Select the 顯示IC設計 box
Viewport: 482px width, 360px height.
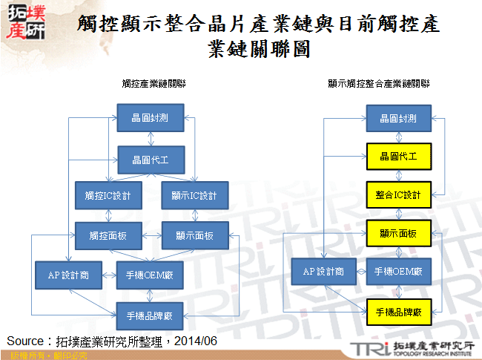pos(194,195)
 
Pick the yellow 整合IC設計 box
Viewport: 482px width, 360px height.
pos(397,195)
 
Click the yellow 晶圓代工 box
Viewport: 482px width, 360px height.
pos(397,157)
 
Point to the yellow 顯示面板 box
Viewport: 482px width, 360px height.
pos(397,234)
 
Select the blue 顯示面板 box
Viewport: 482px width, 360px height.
pos(194,235)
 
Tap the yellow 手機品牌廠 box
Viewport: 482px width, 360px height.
pos(397,311)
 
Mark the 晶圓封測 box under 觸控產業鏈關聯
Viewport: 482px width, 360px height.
pos(151,117)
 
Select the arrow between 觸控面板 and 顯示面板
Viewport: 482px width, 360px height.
pos(151,235)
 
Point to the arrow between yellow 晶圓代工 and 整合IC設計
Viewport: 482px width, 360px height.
pos(397,176)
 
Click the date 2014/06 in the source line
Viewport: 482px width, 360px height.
pos(198,341)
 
